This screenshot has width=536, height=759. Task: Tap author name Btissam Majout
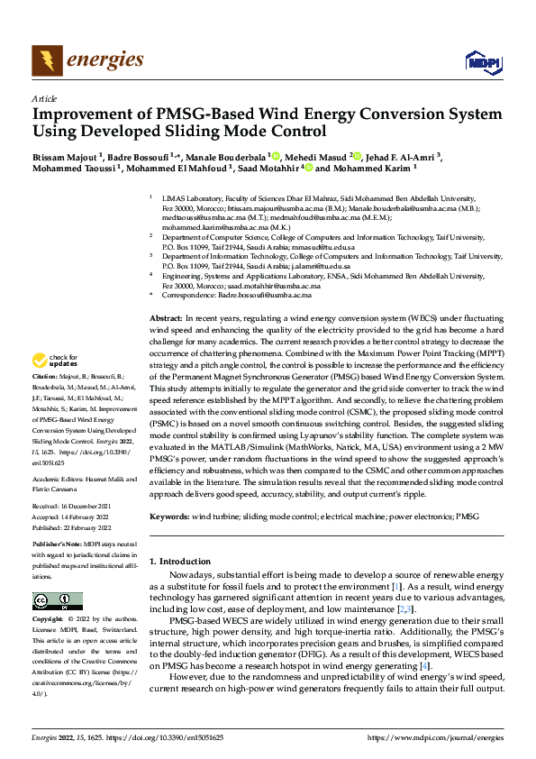click(x=64, y=155)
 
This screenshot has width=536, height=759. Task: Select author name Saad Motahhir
click(x=273, y=167)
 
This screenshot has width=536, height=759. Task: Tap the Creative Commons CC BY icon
click(x=57, y=601)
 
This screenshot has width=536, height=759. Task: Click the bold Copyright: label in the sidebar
click(x=47, y=619)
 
